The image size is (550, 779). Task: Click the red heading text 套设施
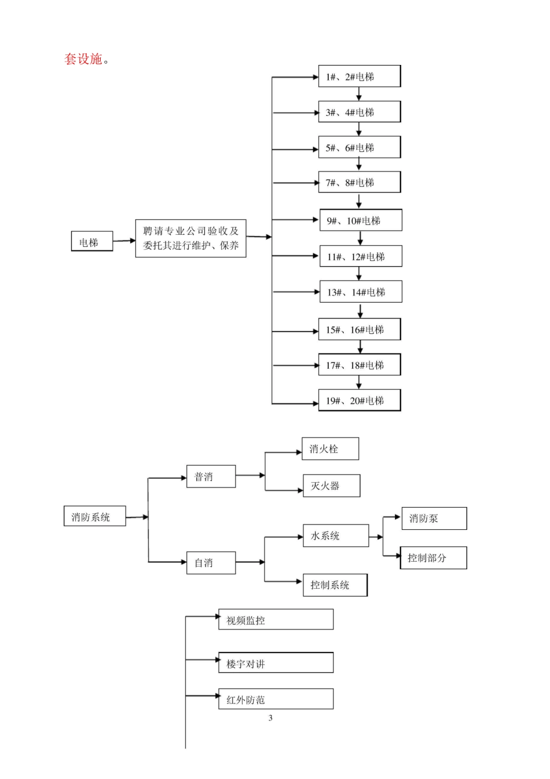point(86,59)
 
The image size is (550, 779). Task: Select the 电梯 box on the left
point(91,242)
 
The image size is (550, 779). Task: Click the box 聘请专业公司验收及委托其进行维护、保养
point(190,238)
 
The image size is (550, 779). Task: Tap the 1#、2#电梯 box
point(359,77)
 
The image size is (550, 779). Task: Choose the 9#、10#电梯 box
point(361,221)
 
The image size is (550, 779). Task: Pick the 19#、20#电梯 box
point(359,401)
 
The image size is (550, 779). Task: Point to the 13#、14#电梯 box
point(361,292)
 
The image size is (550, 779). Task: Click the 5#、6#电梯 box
point(359,148)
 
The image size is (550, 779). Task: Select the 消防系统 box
point(94,517)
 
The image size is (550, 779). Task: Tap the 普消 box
point(211,476)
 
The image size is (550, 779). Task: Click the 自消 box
point(211,563)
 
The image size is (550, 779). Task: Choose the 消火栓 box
point(330,449)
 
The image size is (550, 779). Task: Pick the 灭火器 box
point(331,486)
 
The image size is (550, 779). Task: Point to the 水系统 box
point(335,536)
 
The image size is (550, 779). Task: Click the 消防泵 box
point(434,519)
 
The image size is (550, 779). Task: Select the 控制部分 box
point(433,558)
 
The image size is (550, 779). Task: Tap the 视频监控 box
point(276,620)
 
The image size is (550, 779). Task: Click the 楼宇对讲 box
point(276,663)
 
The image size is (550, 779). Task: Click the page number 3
point(270,718)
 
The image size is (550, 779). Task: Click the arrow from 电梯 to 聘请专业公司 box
point(124,241)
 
